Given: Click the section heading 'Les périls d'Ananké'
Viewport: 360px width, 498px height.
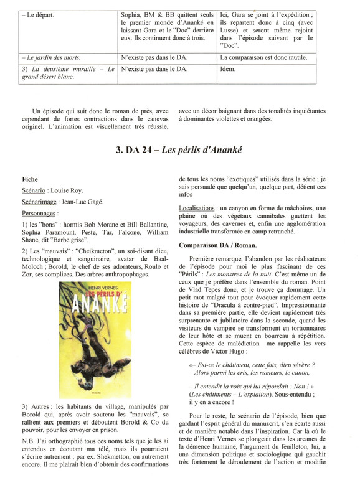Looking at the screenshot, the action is tap(210, 151).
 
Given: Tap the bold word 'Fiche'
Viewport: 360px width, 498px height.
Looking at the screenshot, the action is tap(30, 179).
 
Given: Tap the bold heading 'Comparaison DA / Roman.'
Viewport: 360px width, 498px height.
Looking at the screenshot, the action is tap(218, 242).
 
